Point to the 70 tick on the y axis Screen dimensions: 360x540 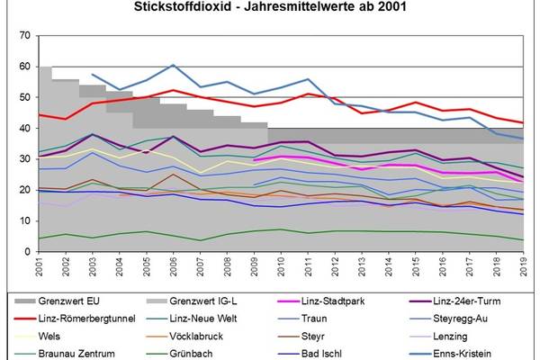coord(24,35)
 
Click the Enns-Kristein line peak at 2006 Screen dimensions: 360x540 coord(174,65)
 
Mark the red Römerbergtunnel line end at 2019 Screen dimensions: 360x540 coord(523,123)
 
